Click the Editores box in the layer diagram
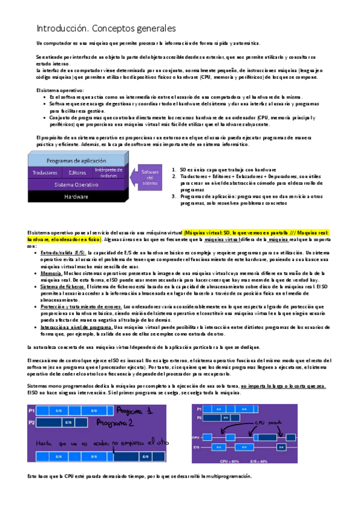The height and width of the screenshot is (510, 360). point(78,173)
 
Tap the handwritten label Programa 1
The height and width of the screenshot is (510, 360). point(136,411)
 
